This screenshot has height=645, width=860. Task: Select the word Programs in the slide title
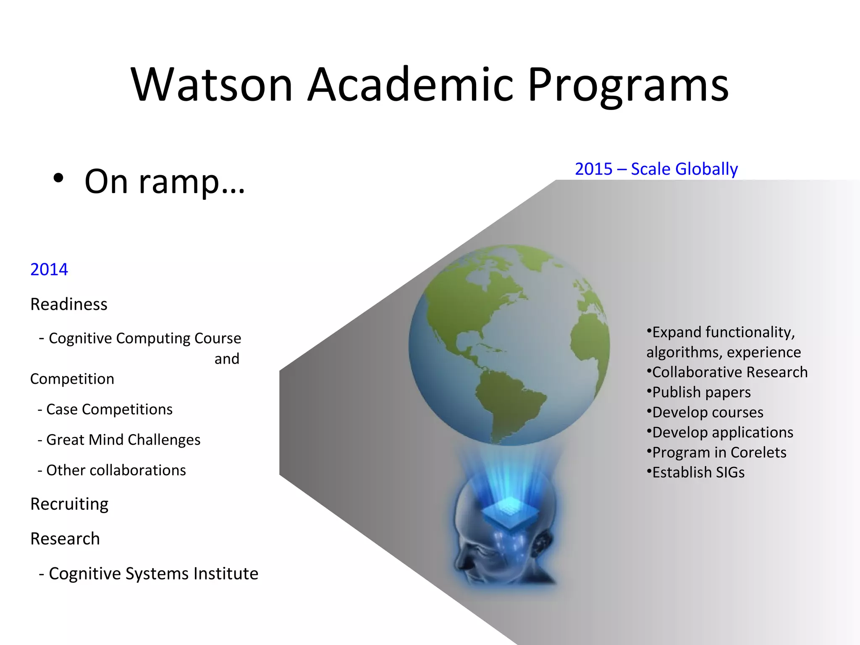coord(628,86)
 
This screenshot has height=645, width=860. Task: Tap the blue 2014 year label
coord(49,270)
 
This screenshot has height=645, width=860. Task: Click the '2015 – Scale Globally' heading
coord(656,169)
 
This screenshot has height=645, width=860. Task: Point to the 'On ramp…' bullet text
coord(165,181)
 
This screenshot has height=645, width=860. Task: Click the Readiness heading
coord(69,304)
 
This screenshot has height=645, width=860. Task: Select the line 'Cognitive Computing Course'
coord(144,338)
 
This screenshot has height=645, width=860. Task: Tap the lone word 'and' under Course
coord(227,359)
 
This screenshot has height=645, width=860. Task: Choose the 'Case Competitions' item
coord(109,409)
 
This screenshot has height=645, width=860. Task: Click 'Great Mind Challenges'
coord(123,440)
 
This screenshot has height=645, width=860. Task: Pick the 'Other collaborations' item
coord(116,470)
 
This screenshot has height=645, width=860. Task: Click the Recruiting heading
coord(69,504)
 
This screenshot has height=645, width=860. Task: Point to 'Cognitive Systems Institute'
coord(153,574)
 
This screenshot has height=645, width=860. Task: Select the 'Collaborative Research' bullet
coord(729,372)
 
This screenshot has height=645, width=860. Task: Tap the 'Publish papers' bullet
coord(701,392)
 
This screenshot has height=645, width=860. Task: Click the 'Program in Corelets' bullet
coord(719,452)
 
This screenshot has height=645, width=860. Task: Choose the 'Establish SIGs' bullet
coord(698,472)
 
